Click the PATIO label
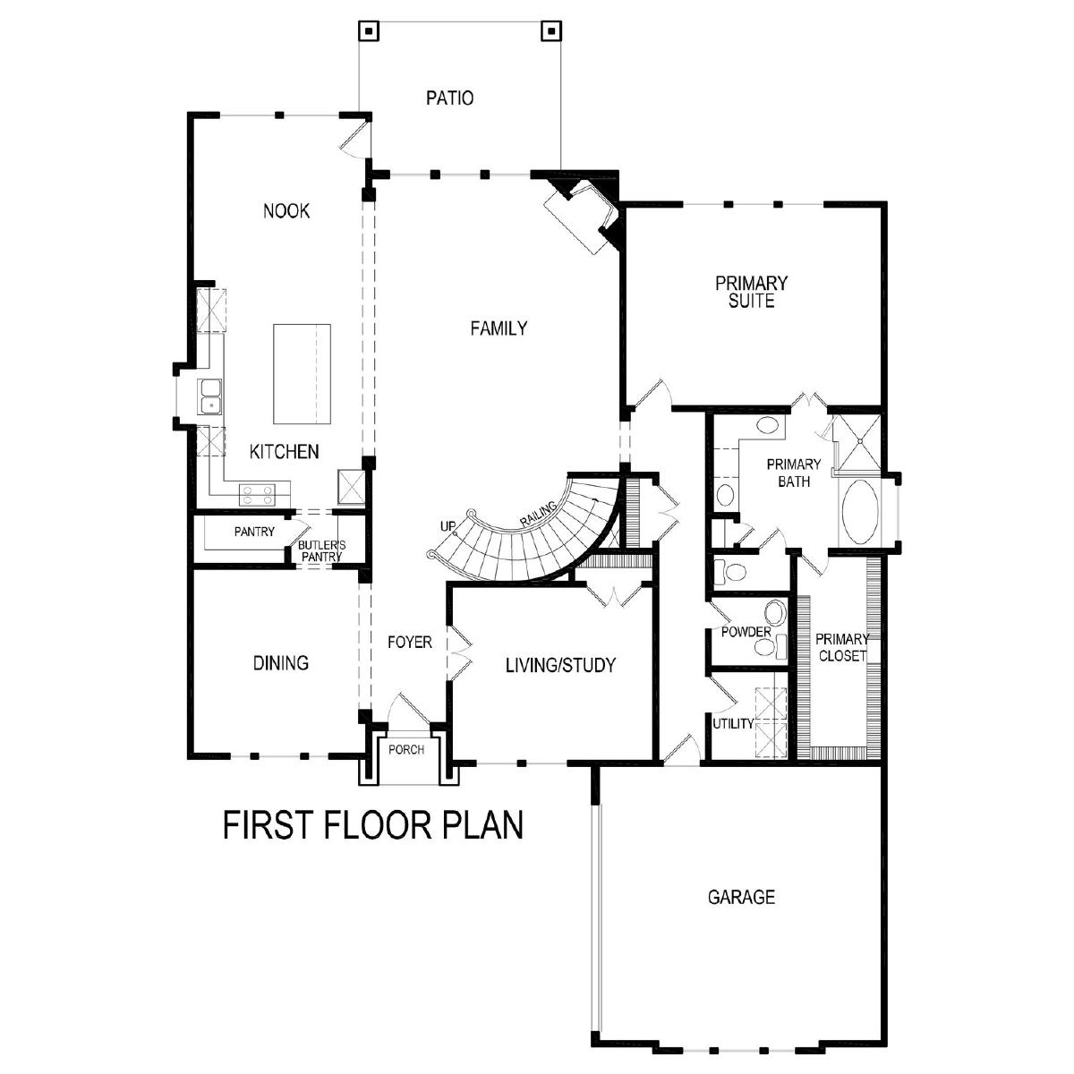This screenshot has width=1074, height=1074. coord(450,98)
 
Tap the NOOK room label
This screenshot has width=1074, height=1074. coord(286,211)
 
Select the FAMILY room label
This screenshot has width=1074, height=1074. coord(499,328)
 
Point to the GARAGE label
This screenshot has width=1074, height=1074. coord(741,897)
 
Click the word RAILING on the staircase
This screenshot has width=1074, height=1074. coord(539,514)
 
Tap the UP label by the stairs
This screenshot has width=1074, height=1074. coord(448,526)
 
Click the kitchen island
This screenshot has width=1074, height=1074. coord(302,374)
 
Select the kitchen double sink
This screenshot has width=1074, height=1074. coord(210,396)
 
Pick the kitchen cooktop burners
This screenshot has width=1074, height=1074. coord(257,494)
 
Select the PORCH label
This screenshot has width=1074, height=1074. coord(406,750)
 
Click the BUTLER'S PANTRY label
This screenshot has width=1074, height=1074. coord(321,550)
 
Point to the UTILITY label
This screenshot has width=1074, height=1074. coord(734,724)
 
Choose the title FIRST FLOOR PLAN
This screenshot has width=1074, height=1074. coord(373,825)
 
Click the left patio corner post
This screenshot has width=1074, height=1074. coord(369,31)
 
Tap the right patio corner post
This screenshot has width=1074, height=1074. coord(550,31)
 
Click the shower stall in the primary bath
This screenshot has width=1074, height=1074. coord(859,441)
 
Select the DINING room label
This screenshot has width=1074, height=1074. coord(281,663)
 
